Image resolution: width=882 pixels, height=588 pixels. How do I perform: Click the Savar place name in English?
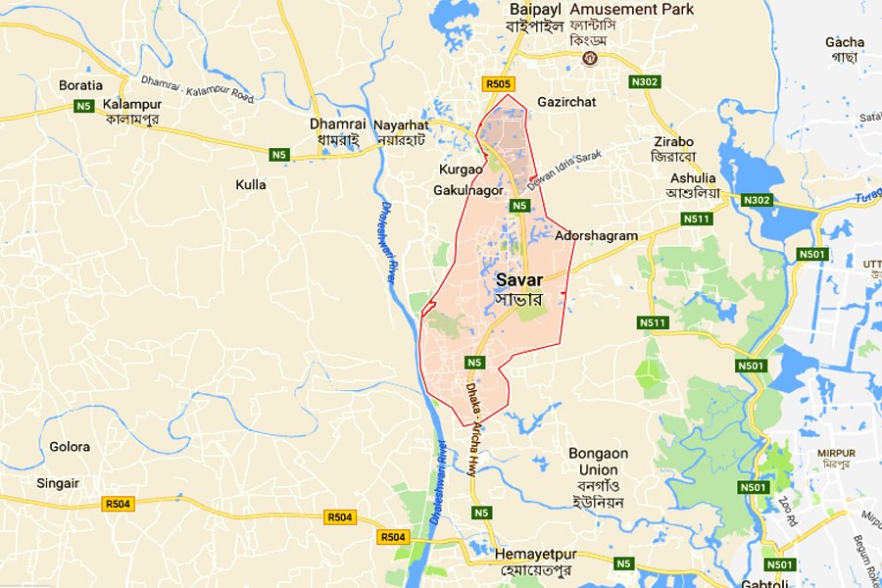(519, 279)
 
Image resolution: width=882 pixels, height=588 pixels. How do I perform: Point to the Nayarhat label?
(404, 123)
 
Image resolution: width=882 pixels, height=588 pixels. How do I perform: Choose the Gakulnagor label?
(467, 190)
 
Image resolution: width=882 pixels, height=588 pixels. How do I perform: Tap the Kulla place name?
(251, 184)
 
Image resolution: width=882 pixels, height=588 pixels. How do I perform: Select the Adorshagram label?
(596, 235)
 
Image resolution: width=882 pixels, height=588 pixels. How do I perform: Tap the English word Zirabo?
(672, 140)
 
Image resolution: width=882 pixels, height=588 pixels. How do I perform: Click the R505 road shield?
(498, 85)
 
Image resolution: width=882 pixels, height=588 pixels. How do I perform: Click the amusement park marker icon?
(590, 58)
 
